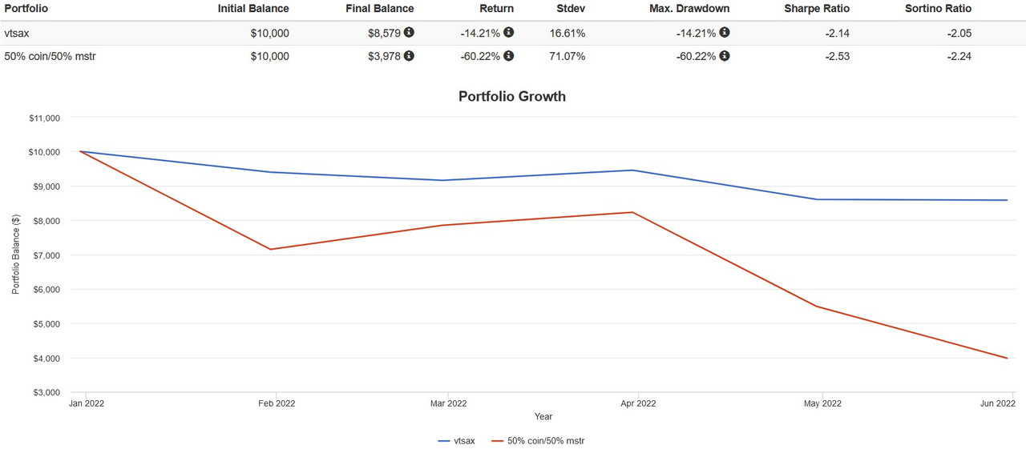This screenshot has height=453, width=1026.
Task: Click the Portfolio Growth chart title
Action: (x=511, y=97)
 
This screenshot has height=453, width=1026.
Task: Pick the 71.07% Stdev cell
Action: (x=565, y=56)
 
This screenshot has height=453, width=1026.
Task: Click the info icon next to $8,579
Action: (x=410, y=33)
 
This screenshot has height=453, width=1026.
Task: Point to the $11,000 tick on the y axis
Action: (x=43, y=118)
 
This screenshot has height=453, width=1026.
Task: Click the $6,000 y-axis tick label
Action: (x=46, y=290)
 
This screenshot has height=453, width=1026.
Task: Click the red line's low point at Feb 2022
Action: (x=271, y=249)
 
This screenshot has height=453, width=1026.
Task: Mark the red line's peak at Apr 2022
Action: (x=632, y=212)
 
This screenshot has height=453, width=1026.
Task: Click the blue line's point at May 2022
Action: (x=818, y=199)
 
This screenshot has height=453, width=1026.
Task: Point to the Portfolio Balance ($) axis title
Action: (x=16, y=255)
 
